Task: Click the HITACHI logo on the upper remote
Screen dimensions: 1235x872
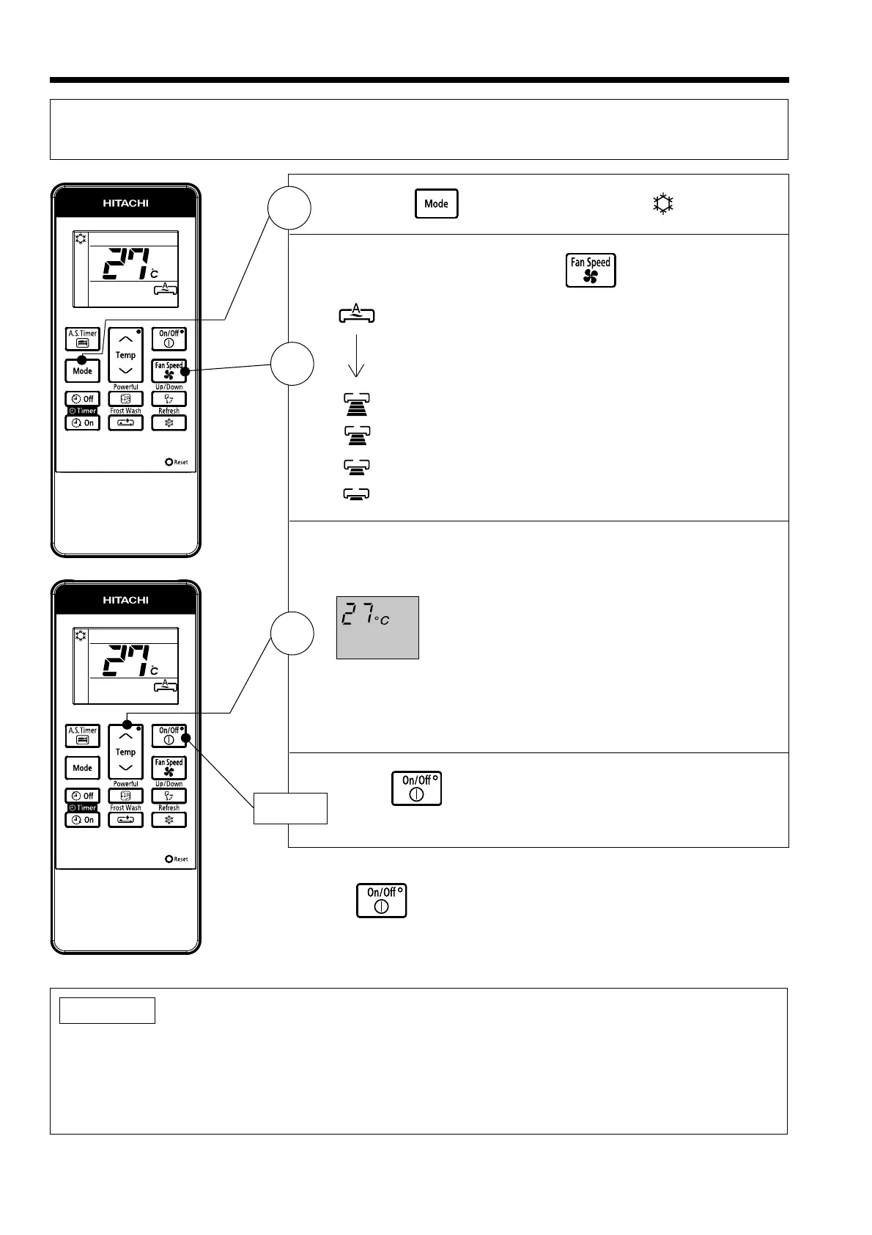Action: tap(125, 203)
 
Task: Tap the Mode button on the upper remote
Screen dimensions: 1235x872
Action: tap(83, 370)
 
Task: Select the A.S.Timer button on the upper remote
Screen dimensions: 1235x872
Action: tap(83, 339)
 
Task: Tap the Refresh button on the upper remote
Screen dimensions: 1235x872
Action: tap(169, 422)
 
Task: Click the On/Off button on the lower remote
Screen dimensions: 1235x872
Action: tap(169, 736)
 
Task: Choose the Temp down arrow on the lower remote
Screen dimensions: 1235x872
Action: tap(126, 768)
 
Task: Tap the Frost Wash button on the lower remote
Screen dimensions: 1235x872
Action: tap(125, 819)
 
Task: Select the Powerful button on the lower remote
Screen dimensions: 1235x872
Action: tap(125, 796)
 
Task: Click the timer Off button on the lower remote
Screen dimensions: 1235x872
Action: tap(83, 796)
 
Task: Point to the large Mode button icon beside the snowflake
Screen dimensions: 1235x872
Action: tap(437, 204)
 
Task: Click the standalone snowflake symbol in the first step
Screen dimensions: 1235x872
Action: tap(663, 204)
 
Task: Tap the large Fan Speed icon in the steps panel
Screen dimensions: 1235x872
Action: tap(591, 271)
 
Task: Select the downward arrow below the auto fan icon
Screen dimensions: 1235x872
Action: tap(356, 356)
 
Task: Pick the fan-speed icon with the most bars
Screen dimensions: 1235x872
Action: tap(357, 405)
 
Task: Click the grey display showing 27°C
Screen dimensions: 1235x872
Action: tap(377, 627)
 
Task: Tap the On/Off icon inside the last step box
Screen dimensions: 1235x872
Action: tap(416, 788)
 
